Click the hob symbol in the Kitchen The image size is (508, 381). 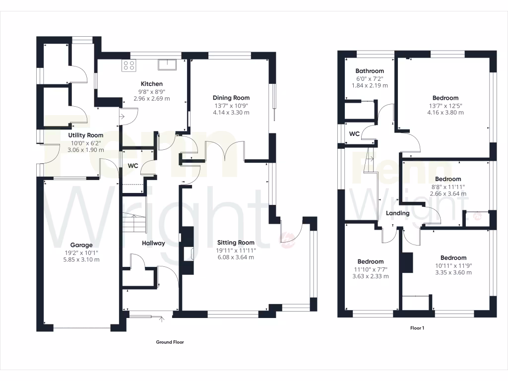coord(129,65)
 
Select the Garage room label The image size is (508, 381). coord(81,245)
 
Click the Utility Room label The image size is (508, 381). coord(86,135)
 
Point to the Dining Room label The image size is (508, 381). coord(231,98)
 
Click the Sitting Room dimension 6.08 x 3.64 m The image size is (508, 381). coord(236,257)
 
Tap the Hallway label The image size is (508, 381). coord(153,243)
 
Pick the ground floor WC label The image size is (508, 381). coord(133,166)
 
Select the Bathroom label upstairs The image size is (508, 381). coord(370,71)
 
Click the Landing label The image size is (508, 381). coord(398,213)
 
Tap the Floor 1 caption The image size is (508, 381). coord(417,328)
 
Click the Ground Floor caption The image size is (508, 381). coord(170,342)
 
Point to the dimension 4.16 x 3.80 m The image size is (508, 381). coord(445,112)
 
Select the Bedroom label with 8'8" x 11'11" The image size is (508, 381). coord(448,179)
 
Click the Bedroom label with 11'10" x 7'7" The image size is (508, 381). coord(371,261)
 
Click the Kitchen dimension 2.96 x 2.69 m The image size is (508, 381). coord(151,98)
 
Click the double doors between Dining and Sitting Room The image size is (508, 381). coord(225,150)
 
